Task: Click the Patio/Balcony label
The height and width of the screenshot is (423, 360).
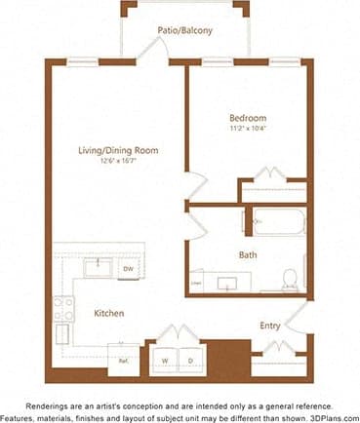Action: (184, 30)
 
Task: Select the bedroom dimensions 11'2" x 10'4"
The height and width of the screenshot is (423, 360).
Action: (249, 127)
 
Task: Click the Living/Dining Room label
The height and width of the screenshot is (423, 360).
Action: (118, 150)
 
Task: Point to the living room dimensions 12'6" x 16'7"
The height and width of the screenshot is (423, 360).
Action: (118, 162)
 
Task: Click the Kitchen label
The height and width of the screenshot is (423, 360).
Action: (108, 314)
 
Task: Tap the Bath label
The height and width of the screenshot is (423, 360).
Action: (248, 255)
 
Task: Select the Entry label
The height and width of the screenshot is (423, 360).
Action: (270, 326)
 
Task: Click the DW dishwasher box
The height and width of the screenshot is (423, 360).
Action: (128, 269)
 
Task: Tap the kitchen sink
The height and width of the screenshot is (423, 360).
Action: (97, 268)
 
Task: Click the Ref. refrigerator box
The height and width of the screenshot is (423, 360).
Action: (124, 359)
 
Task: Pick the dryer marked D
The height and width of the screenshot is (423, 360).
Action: (191, 360)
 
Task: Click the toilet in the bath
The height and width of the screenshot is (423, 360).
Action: (290, 281)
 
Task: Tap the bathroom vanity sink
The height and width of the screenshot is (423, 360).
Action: (230, 284)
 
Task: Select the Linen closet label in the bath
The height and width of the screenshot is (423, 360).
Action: (196, 284)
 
